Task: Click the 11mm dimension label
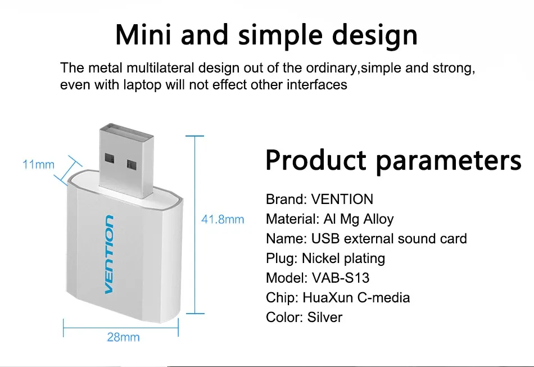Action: click(x=38, y=165)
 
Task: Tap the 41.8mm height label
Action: click(x=223, y=219)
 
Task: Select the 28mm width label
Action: click(x=123, y=337)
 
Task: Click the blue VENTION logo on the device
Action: click(x=109, y=254)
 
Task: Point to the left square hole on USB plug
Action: click(x=109, y=158)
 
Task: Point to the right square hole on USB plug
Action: click(x=132, y=164)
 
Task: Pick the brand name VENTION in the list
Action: click(x=342, y=199)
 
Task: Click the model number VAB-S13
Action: click(x=341, y=278)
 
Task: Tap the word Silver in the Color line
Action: click(x=324, y=318)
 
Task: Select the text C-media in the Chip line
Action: click(x=383, y=297)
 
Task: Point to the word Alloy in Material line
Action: click(x=378, y=219)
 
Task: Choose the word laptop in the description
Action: click(x=142, y=85)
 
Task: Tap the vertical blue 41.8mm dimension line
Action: click(x=195, y=225)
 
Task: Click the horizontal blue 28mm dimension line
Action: click(x=121, y=328)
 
